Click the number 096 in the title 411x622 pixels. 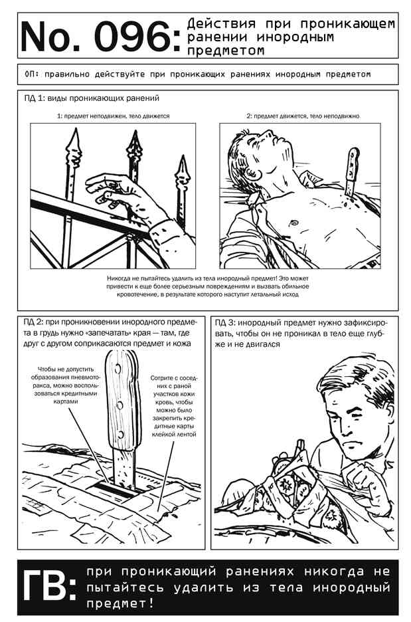click(x=134, y=37)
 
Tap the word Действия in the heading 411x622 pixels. click(x=221, y=24)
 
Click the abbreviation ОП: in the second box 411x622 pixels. click(x=32, y=74)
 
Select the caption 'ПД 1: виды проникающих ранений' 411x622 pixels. click(x=92, y=98)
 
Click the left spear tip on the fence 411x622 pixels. click(x=74, y=147)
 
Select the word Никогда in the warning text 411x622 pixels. click(x=120, y=278)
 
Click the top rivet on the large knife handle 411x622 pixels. click(x=118, y=369)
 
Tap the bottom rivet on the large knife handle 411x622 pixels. click(x=120, y=433)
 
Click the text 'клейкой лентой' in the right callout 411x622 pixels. click(x=174, y=434)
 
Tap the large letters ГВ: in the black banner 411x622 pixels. click(x=48, y=585)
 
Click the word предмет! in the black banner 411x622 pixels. click(x=120, y=604)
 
